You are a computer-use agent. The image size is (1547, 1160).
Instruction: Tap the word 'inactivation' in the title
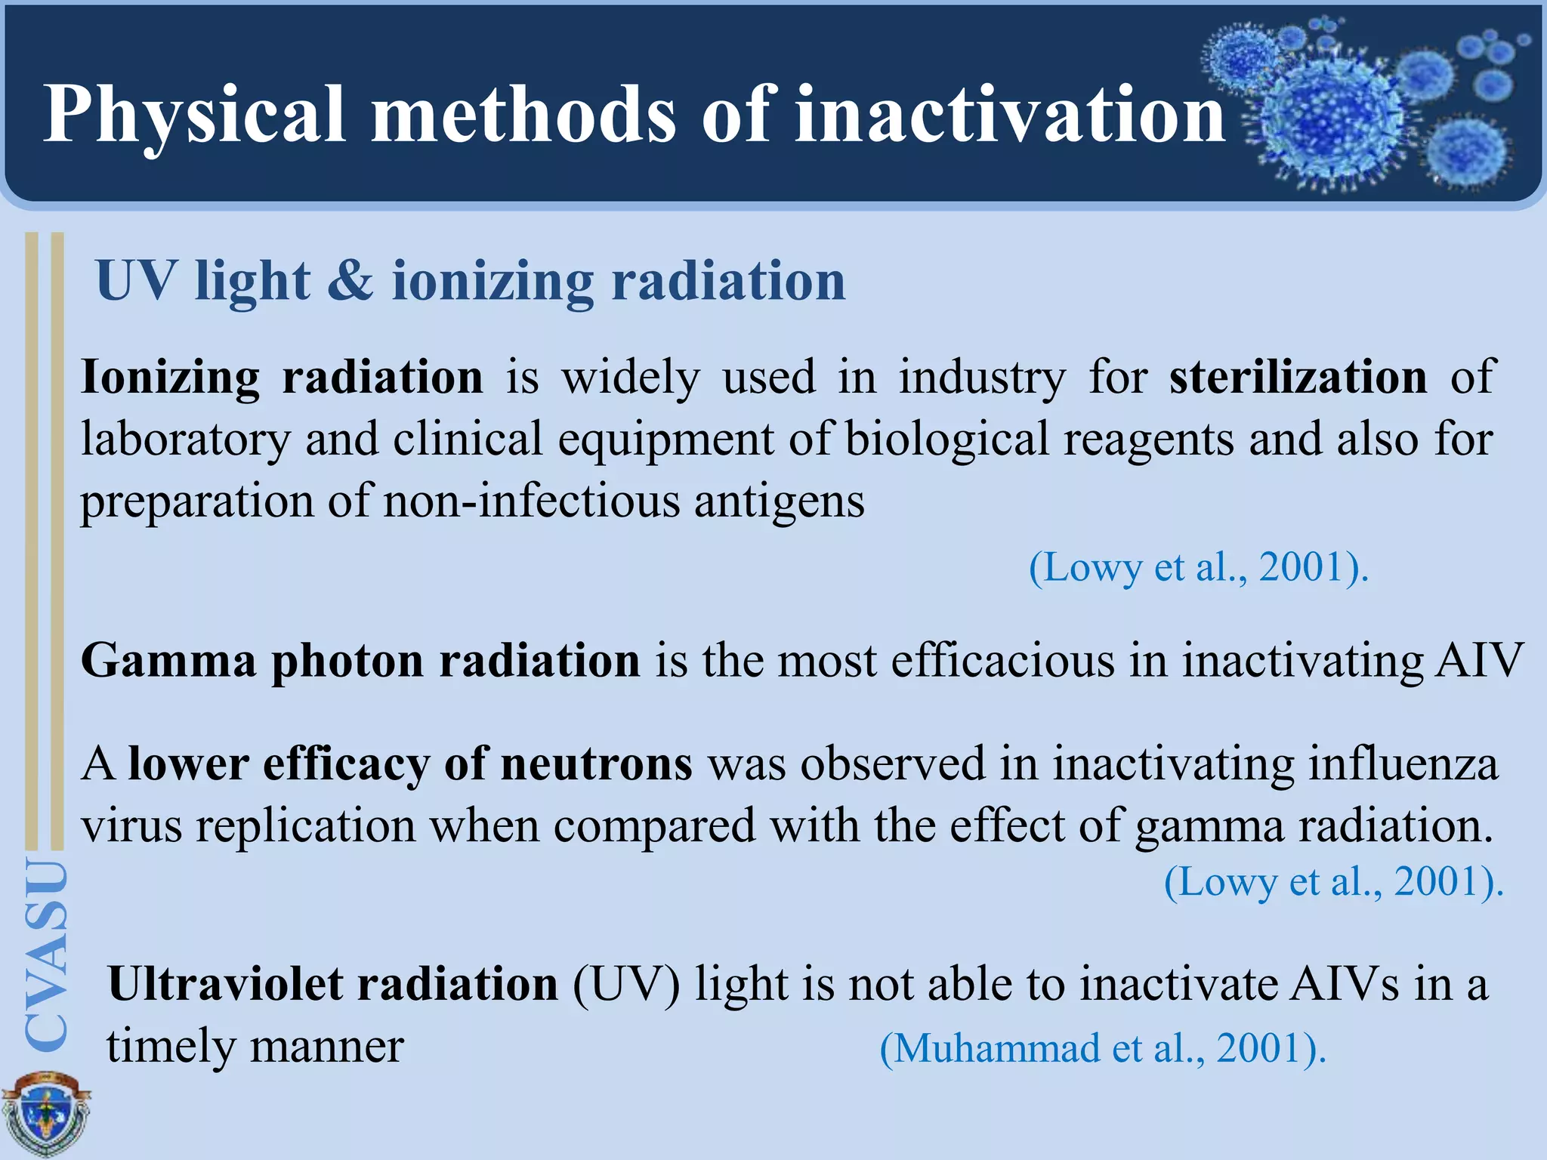click(1010, 115)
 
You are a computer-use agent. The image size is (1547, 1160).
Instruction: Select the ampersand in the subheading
click(350, 281)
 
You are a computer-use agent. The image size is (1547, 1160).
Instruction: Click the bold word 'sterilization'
click(1298, 376)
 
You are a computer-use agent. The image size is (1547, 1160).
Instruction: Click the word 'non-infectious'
click(532, 501)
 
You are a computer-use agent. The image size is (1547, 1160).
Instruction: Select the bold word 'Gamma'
click(168, 661)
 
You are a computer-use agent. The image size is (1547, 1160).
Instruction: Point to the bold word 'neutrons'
click(596, 764)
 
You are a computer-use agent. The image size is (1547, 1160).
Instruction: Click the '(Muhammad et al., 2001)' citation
click(1103, 1048)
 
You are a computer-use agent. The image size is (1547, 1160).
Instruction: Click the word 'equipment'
click(665, 440)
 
